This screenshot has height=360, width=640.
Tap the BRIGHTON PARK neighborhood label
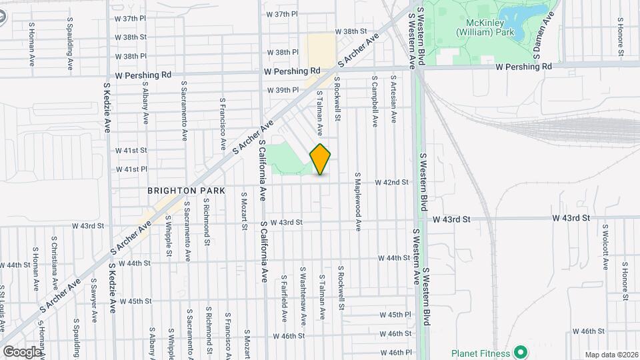coord(186,191)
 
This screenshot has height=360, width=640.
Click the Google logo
coord(21,351)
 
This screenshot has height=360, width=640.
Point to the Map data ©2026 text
coord(611,355)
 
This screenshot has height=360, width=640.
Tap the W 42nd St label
coord(391,182)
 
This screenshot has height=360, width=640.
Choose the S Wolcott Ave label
coord(605,247)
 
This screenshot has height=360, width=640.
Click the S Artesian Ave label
coord(393,99)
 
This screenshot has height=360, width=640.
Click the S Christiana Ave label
coord(54,257)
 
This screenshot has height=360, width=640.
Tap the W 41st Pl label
coord(131,169)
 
